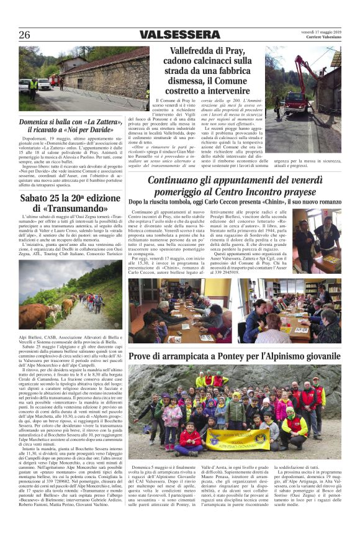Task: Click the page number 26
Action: [25, 35]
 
